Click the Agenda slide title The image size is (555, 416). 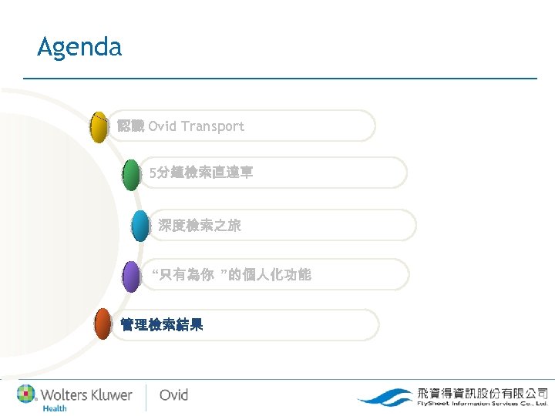click(79, 47)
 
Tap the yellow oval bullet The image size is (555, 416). click(99, 127)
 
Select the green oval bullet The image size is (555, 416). click(132, 174)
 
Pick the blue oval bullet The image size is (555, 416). click(140, 226)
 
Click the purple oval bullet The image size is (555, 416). click(132, 276)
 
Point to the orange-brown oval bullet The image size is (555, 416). click(103, 324)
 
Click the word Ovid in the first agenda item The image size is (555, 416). click(162, 126)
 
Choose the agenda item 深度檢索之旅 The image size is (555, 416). click(200, 226)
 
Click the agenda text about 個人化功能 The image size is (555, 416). click(231, 275)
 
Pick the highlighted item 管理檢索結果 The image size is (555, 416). click(162, 325)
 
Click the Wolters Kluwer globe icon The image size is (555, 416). click(28, 394)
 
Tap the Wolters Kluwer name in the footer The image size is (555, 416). click(86, 394)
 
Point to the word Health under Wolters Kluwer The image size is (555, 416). click(54, 408)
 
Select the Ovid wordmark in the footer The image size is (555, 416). click(173, 394)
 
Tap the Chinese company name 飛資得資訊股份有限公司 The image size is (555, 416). click(482, 391)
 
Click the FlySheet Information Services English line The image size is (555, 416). click(482, 403)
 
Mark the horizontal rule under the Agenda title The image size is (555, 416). click(280, 78)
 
